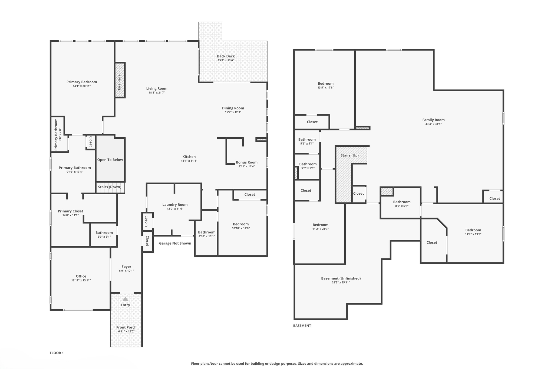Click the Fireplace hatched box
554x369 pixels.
click(120, 80)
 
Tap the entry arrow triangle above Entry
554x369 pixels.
click(125, 299)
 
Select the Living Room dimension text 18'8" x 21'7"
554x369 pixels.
click(157, 92)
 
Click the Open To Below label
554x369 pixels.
click(110, 160)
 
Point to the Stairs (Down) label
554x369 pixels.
click(110, 187)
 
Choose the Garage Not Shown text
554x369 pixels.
click(175, 243)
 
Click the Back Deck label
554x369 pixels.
click(226, 56)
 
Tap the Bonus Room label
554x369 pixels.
click(246, 162)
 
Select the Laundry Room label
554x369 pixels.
click(175, 205)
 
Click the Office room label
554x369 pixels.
click(81, 276)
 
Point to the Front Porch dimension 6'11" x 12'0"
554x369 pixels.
click(126, 331)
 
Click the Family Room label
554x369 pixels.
click(433, 120)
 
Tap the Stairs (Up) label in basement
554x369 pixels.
click(349, 155)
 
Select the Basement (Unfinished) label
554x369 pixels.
click(341, 278)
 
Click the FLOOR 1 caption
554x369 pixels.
click(57, 353)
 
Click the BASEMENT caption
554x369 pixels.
click(302, 326)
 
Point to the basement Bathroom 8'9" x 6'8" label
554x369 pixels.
click(402, 202)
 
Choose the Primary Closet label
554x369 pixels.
click(70, 211)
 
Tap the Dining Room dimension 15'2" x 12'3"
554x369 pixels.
click(233, 112)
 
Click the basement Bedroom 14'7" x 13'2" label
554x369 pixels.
click(473, 230)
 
